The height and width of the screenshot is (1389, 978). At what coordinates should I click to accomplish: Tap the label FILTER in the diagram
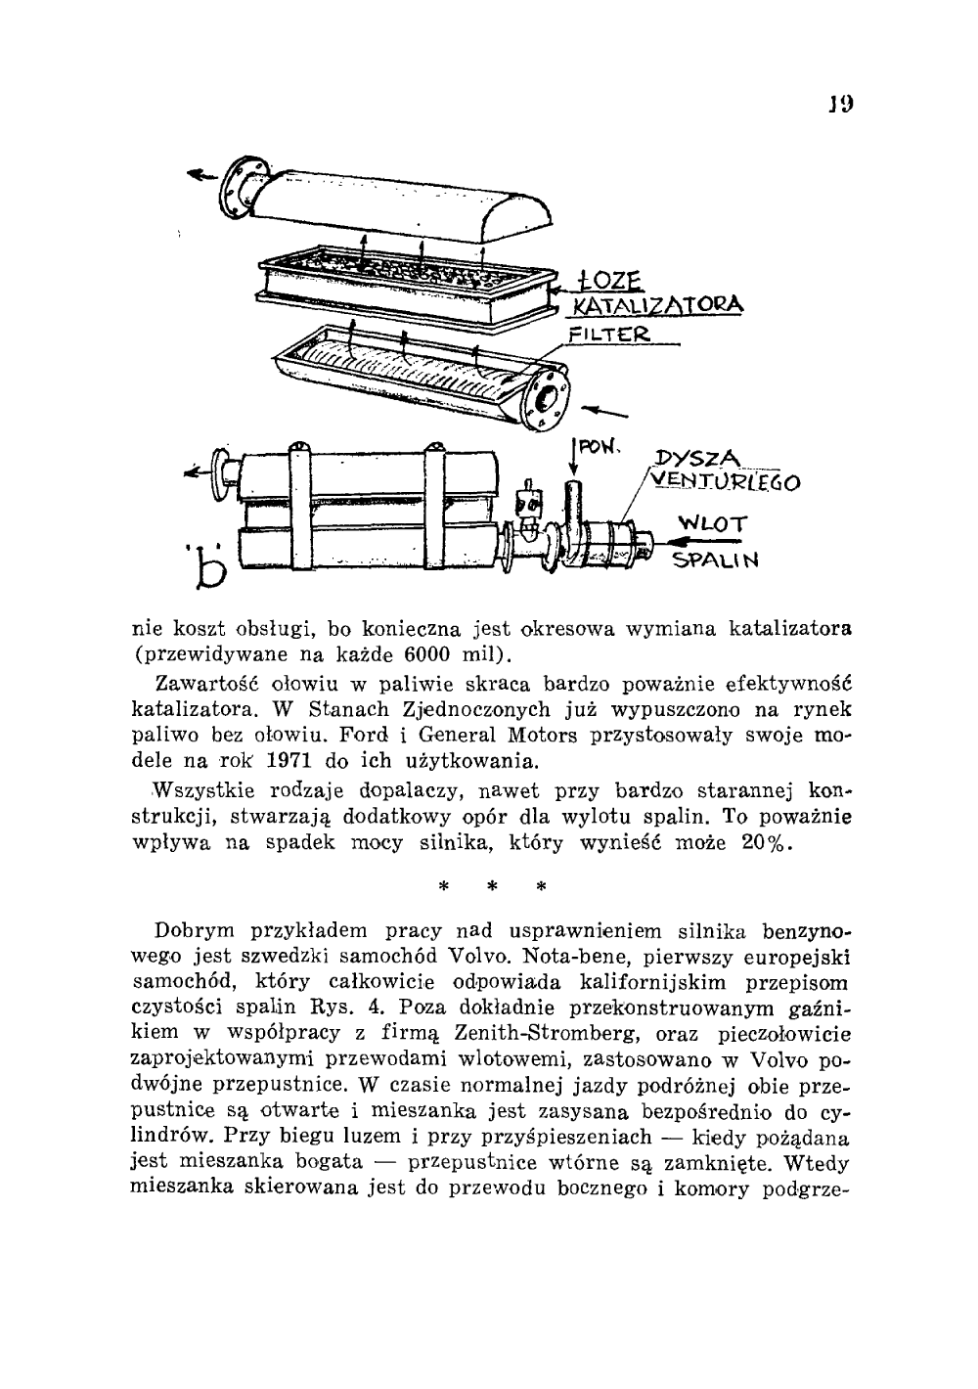tap(607, 333)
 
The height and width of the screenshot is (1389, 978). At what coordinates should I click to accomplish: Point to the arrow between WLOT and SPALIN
tap(713, 543)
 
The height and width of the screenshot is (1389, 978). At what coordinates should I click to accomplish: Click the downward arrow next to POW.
tap(574, 460)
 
